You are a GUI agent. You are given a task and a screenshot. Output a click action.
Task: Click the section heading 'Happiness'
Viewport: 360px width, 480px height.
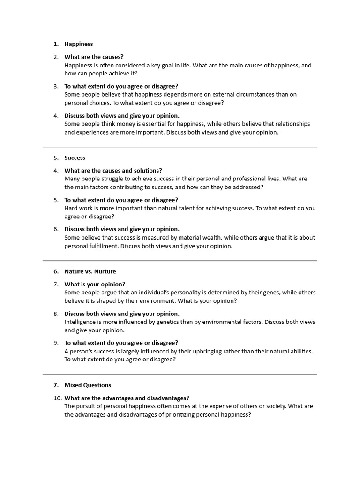pos(79,44)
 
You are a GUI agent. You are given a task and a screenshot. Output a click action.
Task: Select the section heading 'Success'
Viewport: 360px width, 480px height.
pos(75,158)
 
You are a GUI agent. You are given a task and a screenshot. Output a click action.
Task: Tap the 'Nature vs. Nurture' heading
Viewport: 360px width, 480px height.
pos(90,271)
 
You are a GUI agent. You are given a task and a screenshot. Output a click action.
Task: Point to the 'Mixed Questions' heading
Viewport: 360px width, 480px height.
pos(88,385)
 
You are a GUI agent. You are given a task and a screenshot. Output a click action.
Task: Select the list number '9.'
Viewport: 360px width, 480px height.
pos(56,343)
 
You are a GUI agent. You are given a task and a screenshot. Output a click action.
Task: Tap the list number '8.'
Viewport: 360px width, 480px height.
pos(56,314)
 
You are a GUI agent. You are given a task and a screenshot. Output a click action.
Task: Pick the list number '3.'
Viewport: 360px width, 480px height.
pos(56,86)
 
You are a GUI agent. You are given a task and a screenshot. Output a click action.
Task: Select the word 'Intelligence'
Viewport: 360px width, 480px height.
pos(81,322)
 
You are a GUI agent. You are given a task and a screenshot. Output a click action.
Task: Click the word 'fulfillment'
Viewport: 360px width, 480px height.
pos(102,246)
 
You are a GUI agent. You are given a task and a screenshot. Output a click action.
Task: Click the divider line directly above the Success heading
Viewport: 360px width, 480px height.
pos(180,147)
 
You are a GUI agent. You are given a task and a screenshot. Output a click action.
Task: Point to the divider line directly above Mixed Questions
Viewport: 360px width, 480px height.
pos(180,374)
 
